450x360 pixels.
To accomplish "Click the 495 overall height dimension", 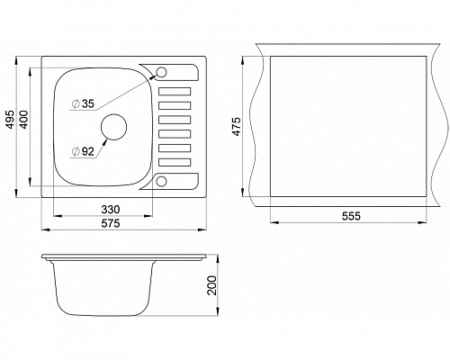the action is pos(11,120).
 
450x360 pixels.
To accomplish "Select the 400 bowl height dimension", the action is pos(25,120).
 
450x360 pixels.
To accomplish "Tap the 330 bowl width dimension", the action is pos(111,209).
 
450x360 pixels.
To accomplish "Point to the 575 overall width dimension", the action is pos(111,223).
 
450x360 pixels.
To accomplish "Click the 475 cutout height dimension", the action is pos(237,126).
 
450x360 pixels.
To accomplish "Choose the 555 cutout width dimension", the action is pos(351,216).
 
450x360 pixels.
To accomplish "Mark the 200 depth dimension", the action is pos(212,285).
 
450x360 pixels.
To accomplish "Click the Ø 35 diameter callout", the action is pos(83,103).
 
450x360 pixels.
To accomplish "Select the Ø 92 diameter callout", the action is pos(83,152).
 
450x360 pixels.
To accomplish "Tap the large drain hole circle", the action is pos(113,127).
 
